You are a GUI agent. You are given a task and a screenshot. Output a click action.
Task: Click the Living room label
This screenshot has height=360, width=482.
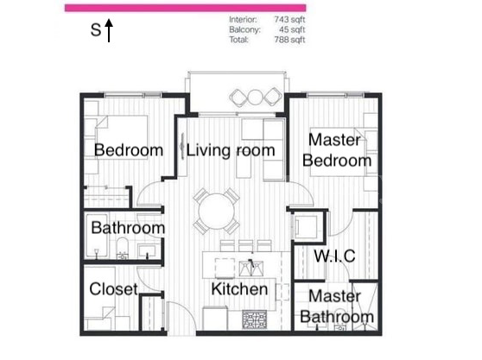[x=231, y=150]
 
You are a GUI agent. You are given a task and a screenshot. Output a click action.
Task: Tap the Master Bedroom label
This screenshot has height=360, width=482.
[x=340, y=149]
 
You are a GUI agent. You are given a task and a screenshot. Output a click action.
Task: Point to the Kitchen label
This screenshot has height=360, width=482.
[x=239, y=288]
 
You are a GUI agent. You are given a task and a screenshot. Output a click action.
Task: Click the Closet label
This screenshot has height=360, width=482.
[x=113, y=289]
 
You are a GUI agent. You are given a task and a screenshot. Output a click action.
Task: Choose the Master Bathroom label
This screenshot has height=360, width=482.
[x=337, y=306]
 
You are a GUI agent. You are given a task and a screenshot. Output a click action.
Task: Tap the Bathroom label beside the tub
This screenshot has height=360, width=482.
[x=128, y=228]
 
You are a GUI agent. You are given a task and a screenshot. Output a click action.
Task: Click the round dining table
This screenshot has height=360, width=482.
[x=217, y=210]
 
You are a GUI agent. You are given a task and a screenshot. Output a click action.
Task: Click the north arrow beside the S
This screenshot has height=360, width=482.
[x=110, y=31]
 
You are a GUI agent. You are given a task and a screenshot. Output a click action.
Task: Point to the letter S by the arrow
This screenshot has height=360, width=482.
[x=96, y=31]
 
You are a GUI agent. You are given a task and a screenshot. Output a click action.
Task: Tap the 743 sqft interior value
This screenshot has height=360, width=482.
[x=289, y=19]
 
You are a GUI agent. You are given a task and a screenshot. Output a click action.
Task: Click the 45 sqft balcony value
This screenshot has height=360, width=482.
[x=292, y=29]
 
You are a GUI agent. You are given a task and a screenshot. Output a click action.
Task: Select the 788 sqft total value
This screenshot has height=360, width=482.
[x=289, y=40]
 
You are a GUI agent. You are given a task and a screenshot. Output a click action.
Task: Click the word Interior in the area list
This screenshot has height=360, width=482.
[x=243, y=19]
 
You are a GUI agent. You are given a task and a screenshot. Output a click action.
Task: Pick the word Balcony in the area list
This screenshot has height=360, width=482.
[x=244, y=29]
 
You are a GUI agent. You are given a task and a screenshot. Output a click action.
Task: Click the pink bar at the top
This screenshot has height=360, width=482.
[x=185, y=7]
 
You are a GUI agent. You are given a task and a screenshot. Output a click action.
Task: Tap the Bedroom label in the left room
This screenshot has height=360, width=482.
[x=129, y=150]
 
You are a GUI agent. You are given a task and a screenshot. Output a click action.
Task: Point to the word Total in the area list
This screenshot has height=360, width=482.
[x=239, y=40]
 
